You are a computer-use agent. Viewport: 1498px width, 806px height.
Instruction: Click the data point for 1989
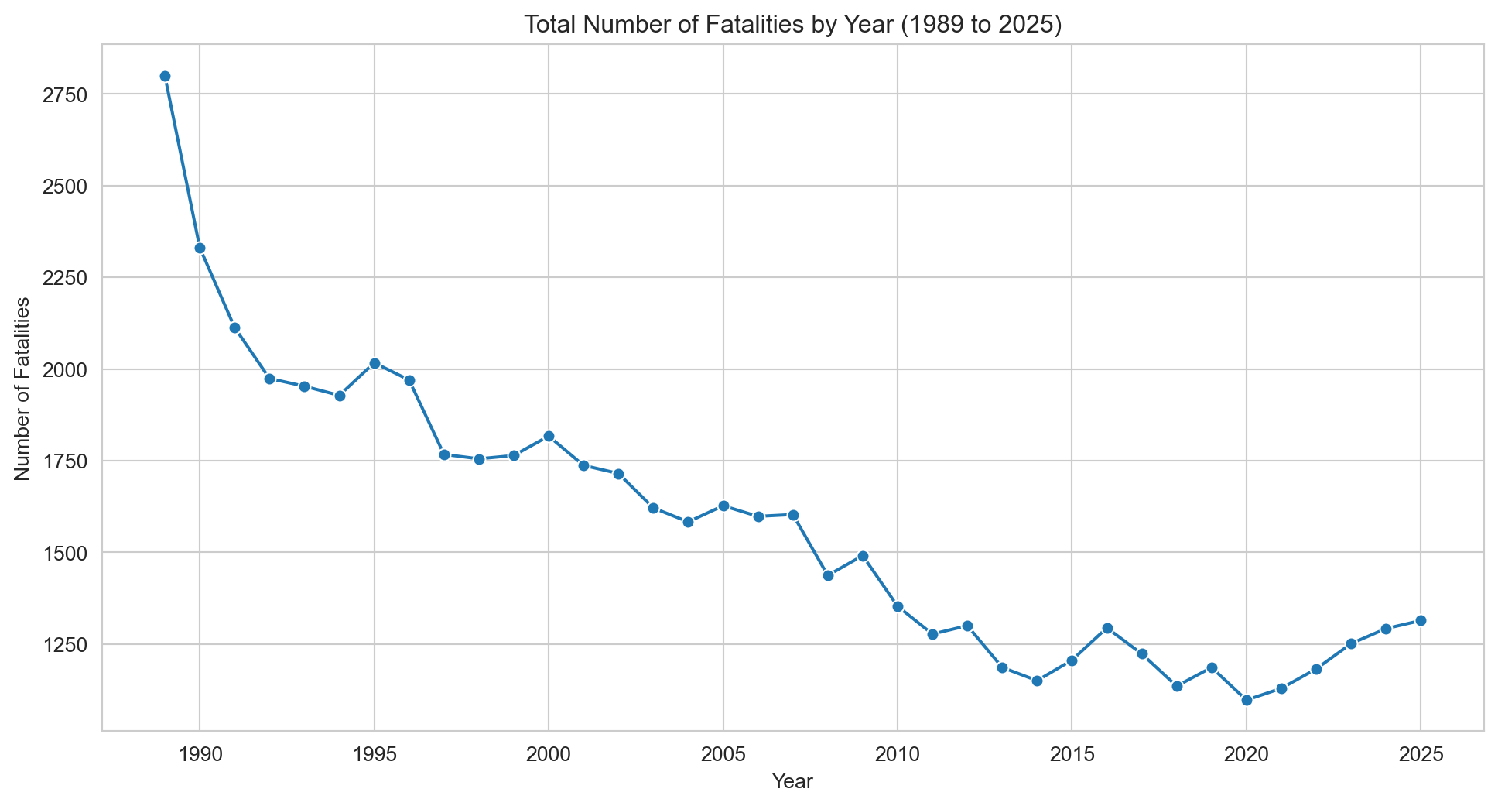tap(165, 76)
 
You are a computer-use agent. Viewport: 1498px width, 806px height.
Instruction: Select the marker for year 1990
tap(200, 248)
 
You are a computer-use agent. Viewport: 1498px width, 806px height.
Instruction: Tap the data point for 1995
tap(374, 363)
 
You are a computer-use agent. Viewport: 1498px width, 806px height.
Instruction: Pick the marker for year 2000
tap(549, 436)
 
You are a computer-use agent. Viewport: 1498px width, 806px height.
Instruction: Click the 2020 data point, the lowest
tap(1247, 700)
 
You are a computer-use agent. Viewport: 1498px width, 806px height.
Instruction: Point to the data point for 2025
tap(1421, 620)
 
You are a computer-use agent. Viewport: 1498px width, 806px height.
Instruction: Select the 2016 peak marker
tap(1107, 628)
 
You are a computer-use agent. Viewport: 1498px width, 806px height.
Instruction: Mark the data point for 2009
tap(863, 556)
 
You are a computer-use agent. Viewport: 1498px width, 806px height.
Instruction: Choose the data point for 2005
tap(723, 506)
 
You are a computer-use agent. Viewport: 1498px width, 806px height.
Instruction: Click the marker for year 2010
tap(898, 606)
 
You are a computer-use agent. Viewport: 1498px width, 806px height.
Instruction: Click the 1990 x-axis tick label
tap(200, 754)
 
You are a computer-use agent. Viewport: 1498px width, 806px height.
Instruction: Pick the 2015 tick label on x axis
tap(1072, 754)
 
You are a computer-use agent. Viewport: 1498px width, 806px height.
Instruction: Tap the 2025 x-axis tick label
tap(1421, 754)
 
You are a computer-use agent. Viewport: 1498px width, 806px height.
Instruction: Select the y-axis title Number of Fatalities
tap(22, 388)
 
